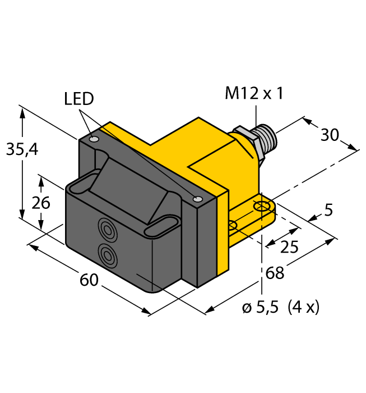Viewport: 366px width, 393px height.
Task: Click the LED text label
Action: [79, 99]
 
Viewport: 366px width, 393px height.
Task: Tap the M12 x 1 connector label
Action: [254, 93]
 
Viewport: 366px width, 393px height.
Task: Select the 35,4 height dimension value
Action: [21, 149]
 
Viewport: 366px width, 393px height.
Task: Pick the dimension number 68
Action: [275, 273]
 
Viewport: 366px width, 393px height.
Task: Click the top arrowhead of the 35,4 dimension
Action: [22, 110]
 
